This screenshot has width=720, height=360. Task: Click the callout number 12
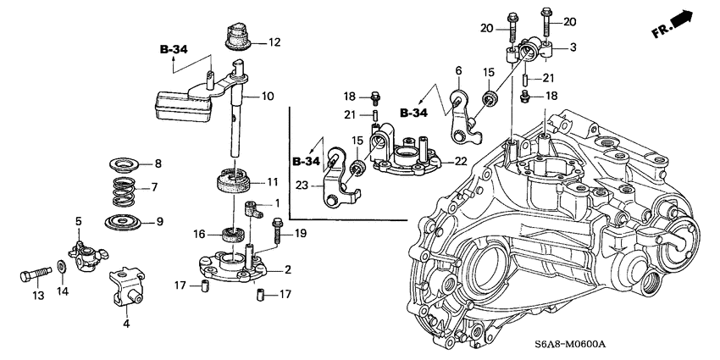point(274,42)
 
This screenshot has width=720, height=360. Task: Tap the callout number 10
point(268,97)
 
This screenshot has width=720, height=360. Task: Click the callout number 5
point(78,222)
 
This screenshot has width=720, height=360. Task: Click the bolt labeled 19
point(278,228)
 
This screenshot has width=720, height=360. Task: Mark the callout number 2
point(288,269)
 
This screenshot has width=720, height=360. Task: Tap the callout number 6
point(457,70)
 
